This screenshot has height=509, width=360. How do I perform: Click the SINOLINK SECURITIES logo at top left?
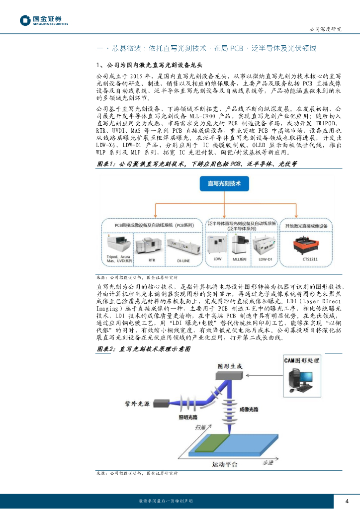coord(44,20)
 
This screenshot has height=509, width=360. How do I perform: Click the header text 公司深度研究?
coord(325,29)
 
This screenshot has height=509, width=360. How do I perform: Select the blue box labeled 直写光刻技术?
coord(223,184)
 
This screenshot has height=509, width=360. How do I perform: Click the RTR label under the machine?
coord(152,259)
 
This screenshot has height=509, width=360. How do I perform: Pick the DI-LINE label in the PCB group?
coord(183,259)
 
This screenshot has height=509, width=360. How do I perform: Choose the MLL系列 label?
coord(240,259)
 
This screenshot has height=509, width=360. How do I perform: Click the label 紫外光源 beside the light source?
coord(135,404)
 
